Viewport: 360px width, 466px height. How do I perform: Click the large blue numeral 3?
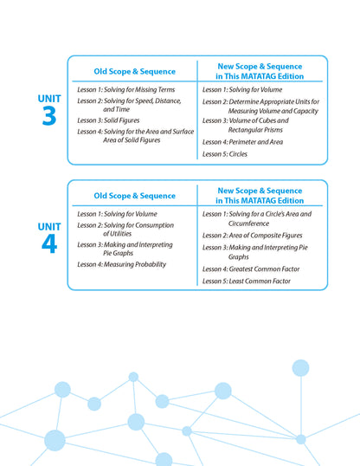(x=49, y=116)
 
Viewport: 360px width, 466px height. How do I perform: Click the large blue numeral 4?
(x=49, y=243)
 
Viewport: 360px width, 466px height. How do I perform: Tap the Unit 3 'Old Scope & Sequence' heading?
(x=134, y=71)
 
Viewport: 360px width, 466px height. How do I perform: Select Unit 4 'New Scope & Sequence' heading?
(x=260, y=195)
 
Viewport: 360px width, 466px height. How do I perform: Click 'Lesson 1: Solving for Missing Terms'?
(x=126, y=89)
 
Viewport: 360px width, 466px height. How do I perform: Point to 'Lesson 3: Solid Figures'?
(x=108, y=120)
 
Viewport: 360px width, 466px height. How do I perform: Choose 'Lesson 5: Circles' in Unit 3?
(x=225, y=154)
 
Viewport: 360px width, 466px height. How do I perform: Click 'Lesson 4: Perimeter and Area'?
(x=242, y=142)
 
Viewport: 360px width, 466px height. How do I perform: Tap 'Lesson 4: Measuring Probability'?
(x=121, y=264)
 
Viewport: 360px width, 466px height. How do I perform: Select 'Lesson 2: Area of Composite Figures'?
(x=252, y=236)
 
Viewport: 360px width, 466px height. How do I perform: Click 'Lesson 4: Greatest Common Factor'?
(x=251, y=269)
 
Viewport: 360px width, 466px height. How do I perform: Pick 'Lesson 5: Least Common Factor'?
(x=247, y=281)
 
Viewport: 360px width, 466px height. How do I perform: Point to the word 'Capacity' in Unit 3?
(x=306, y=111)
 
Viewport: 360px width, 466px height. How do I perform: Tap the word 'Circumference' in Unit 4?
(x=248, y=223)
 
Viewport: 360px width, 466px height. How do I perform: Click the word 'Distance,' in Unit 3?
(x=168, y=101)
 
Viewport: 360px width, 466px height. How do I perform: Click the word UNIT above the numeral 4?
(x=49, y=227)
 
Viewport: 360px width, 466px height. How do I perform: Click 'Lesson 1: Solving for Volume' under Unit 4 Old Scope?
(x=117, y=214)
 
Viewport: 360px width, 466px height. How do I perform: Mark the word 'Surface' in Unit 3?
(x=183, y=132)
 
